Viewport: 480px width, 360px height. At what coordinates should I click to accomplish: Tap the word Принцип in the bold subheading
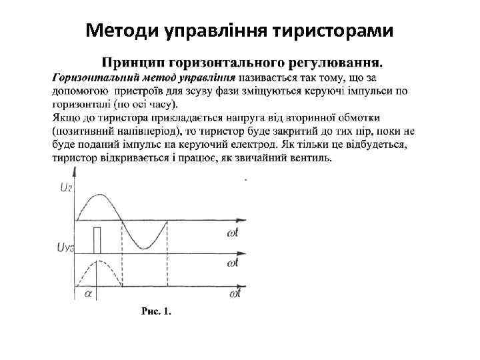pos(131,63)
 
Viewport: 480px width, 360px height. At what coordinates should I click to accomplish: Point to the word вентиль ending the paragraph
pos(311,158)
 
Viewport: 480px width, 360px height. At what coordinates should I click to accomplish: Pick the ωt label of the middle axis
pos(233,264)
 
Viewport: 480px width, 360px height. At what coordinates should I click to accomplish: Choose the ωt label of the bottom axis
pos(234,293)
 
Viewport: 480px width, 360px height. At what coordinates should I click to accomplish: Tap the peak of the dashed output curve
pos(98,261)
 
